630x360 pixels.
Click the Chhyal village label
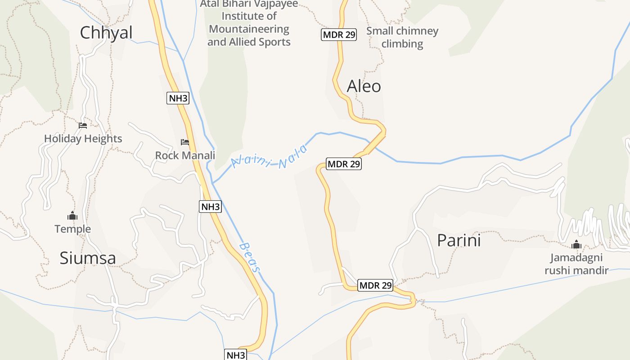click(106, 33)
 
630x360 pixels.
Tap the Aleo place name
click(364, 86)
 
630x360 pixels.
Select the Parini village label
click(459, 241)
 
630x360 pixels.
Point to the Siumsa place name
click(88, 258)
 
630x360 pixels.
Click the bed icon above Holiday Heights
click(83, 126)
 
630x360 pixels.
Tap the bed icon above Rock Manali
click(185, 142)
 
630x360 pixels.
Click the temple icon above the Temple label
click(72, 216)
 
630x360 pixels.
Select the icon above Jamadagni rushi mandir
click(576, 245)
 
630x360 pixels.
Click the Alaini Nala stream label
click(269, 157)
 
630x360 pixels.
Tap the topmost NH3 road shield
click(178, 98)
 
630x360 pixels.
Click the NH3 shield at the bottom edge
click(236, 355)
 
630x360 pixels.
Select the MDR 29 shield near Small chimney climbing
click(338, 35)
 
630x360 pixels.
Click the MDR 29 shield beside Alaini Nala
click(344, 164)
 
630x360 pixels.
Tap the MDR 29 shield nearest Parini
click(375, 285)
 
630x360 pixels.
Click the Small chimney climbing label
click(402, 37)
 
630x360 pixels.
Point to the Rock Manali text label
click(185, 156)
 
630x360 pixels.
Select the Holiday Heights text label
click(83, 139)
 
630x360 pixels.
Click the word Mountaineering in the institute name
click(249, 29)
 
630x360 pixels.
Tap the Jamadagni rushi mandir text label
click(576, 264)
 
